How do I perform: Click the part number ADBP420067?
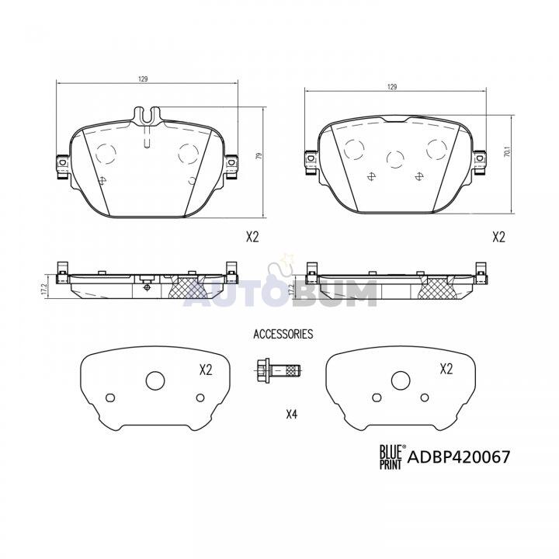tap(459, 457)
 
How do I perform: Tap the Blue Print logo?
tap(391, 457)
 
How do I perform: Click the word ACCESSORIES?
tap(283, 334)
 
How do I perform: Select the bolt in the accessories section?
tap(278, 371)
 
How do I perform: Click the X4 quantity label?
tap(292, 414)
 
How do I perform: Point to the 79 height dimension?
tap(259, 156)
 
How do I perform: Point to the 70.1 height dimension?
tap(508, 154)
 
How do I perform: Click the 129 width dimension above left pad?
tap(143, 79)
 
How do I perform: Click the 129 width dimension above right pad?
tap(392, 87)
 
